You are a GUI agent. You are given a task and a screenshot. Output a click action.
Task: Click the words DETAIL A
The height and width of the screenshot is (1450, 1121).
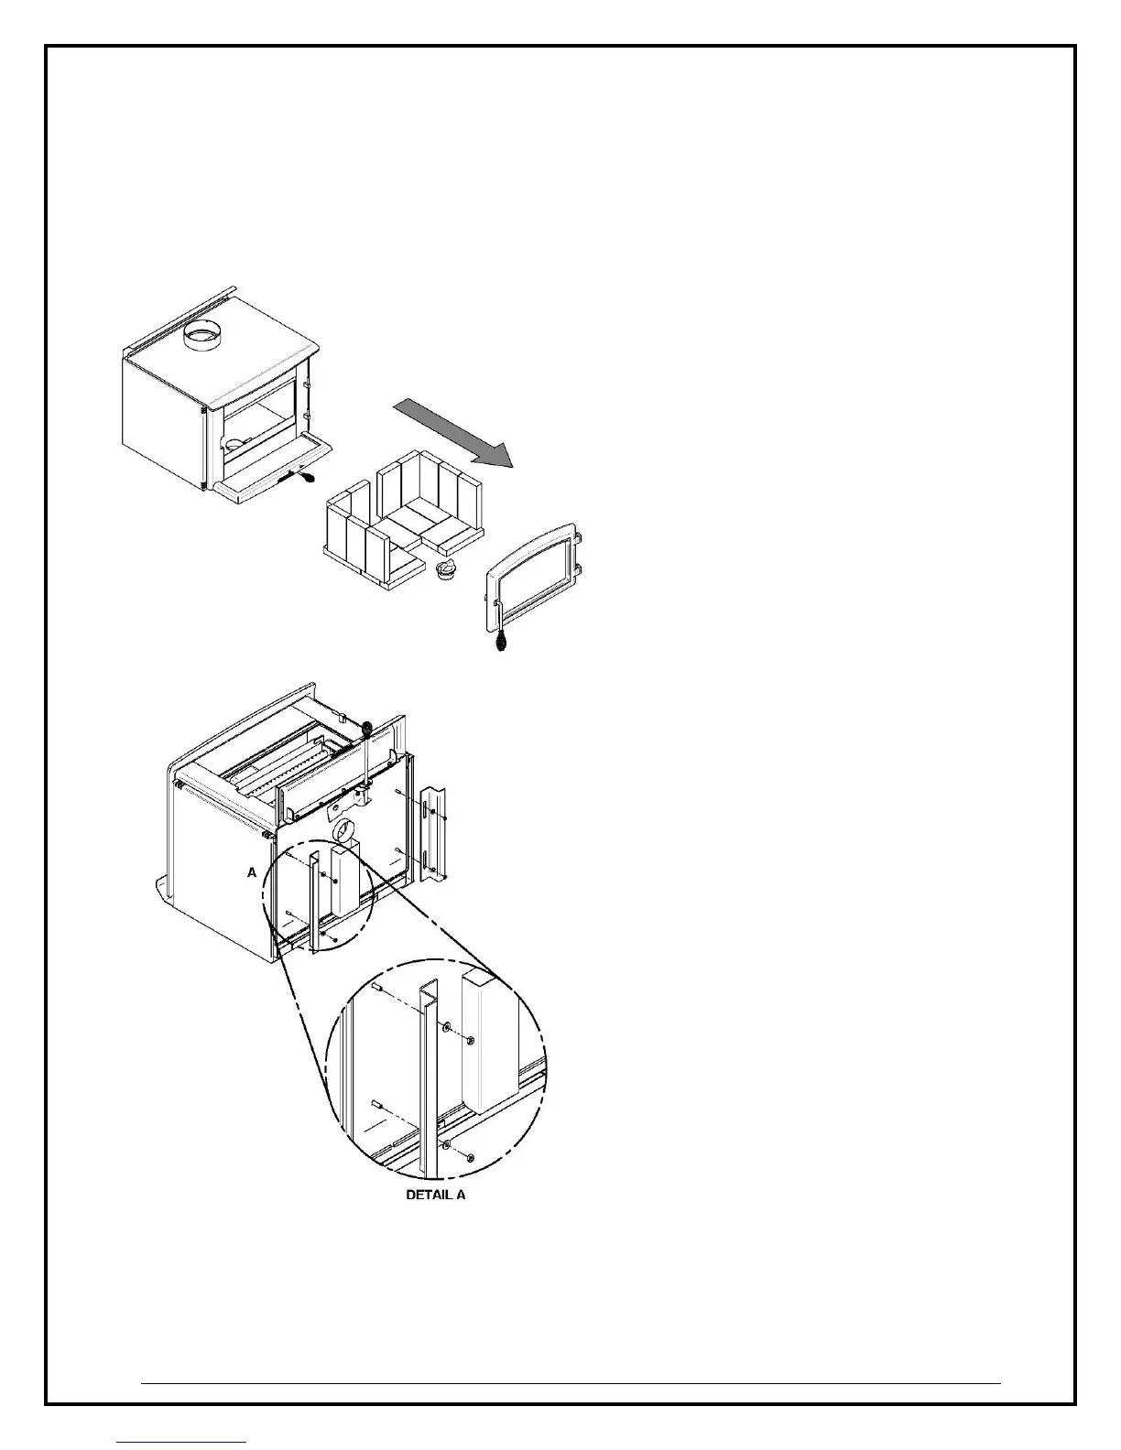(x=436, y=1195)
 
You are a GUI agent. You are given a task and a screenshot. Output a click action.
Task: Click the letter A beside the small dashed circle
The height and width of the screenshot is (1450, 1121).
(x=252, y=873)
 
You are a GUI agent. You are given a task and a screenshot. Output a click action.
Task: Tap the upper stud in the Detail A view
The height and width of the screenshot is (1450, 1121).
(x=377, y=987)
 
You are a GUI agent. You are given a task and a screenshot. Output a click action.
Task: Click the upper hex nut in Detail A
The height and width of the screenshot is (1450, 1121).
(x=469, y=1040)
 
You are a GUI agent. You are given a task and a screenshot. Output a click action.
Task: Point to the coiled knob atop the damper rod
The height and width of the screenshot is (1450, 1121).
(x=367, y=729)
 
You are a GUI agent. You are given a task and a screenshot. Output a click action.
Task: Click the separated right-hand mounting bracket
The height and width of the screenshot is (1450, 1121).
(x=432, y=834)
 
